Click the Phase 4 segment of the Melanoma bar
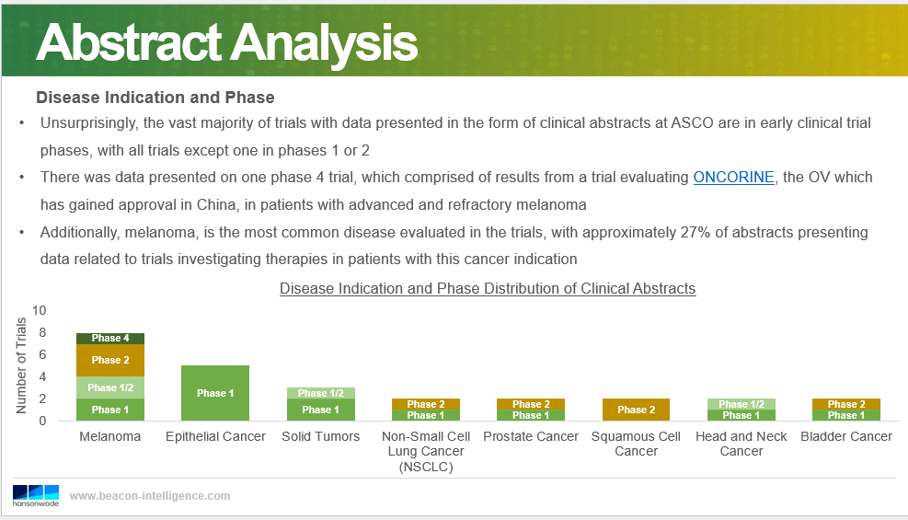click(110, 339)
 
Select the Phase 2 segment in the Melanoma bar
click(110, 360)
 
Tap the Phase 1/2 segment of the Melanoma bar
click(110, 387)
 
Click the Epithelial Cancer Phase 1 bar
click(215, 393)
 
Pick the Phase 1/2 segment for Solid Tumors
click(320, 393)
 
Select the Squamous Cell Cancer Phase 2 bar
click(636, 410)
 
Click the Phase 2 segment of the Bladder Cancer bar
click(846, 404)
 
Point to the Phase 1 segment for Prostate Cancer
click(531, 415)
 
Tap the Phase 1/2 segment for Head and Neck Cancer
click(741, 404)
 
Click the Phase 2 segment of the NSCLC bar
click(426, 404)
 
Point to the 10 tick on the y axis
click(39, 310)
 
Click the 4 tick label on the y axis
click(42, 377)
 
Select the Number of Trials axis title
click(21, 365)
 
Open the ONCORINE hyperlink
click(734, 178)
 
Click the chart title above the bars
click(488, 288)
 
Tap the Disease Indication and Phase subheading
click(155, 98)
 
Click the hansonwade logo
click(36, 496)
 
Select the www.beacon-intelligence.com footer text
click(150, 496)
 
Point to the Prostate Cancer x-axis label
click(531, 436)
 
